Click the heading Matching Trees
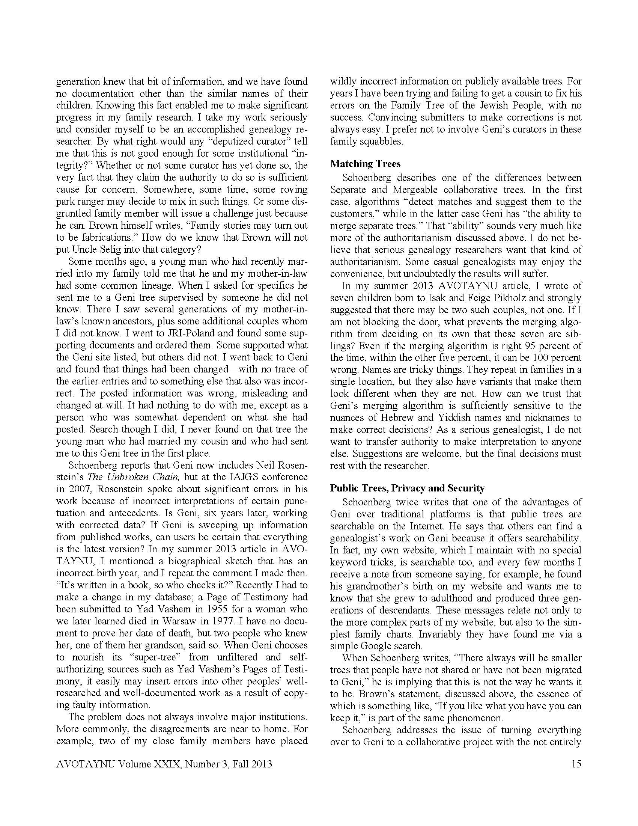click(x=365, y=164)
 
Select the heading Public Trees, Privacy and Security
click(x=407, y=488)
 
